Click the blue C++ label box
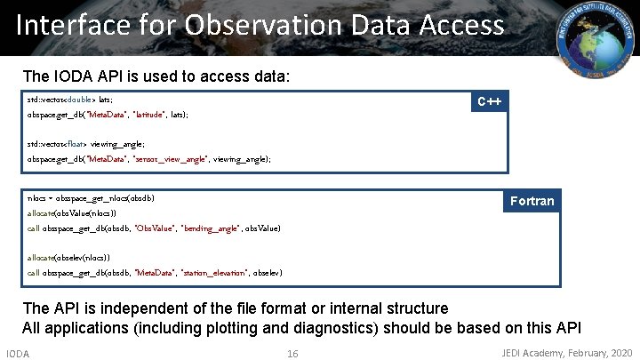pos(489,101)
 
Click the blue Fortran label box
pos(531,201)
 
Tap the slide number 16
pos(292,354)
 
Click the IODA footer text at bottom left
pos(18,354)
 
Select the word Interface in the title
pos(70,25)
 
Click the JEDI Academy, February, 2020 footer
pos(566,354)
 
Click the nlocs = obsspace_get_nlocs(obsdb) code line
pos(84,198)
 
